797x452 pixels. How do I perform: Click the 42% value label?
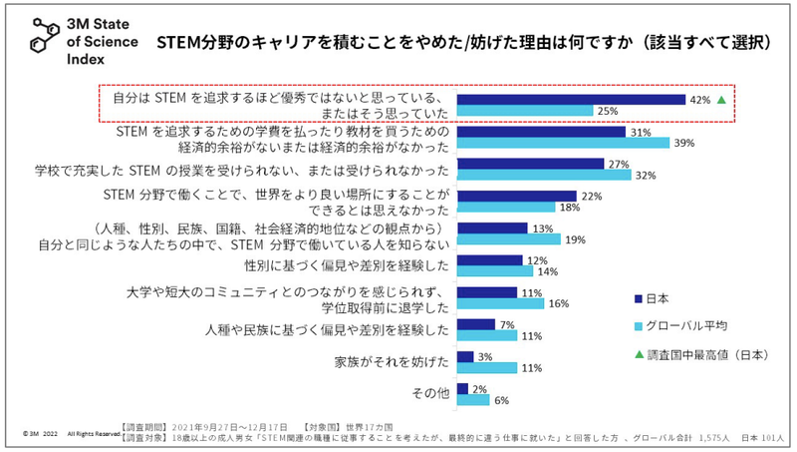(700, 100)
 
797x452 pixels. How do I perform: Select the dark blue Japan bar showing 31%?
(541, 132)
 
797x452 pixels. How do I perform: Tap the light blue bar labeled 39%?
(563, 144)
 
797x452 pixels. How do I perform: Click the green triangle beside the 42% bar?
(722, 100)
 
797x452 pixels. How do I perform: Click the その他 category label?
(430, 394)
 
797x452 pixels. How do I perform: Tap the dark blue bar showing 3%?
(465, 355)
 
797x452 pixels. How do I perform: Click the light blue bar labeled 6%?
(473, 400)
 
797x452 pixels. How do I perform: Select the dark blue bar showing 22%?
(516, 196)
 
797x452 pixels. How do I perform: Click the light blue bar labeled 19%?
(508, 239)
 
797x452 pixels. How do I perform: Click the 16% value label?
(558, 303)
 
